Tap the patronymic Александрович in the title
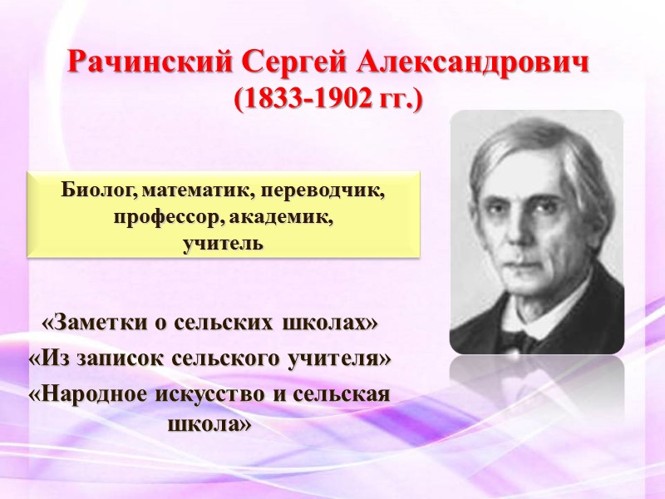point(475,62)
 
